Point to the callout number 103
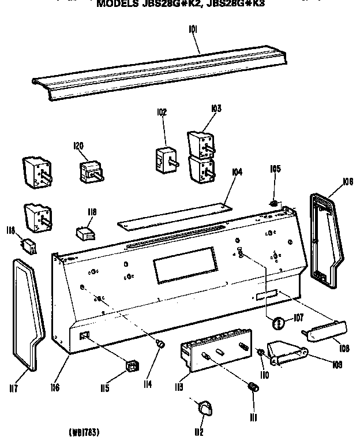point(216,108)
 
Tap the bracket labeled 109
point(287,353)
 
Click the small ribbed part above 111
point(252,387)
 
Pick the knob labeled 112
point(204,409)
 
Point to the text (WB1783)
point(87,431)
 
